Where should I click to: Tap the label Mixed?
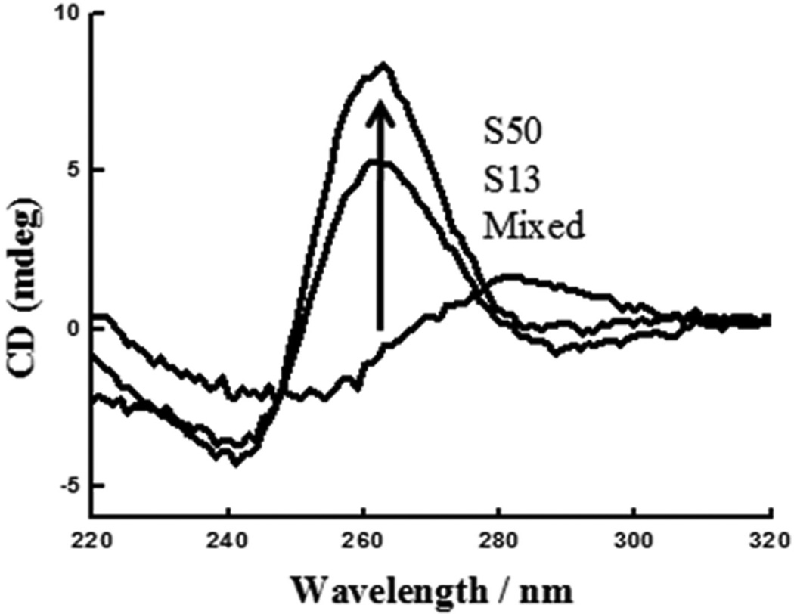tap(535, 226)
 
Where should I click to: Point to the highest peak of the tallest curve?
tap(384, 64)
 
